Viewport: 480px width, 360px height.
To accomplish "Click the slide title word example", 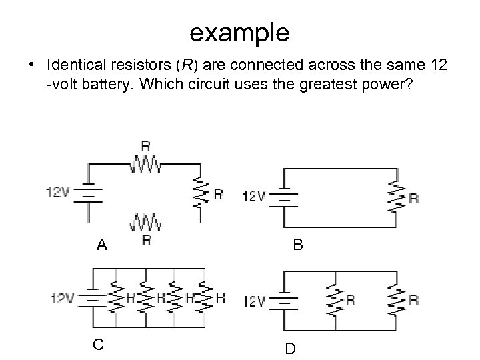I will [x=239, y=31].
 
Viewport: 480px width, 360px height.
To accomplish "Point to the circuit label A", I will [x=101, y=245].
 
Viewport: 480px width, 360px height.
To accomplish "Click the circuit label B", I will [x=298, y=245].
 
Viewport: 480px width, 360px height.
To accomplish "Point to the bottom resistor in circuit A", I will [x=144, y=221].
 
